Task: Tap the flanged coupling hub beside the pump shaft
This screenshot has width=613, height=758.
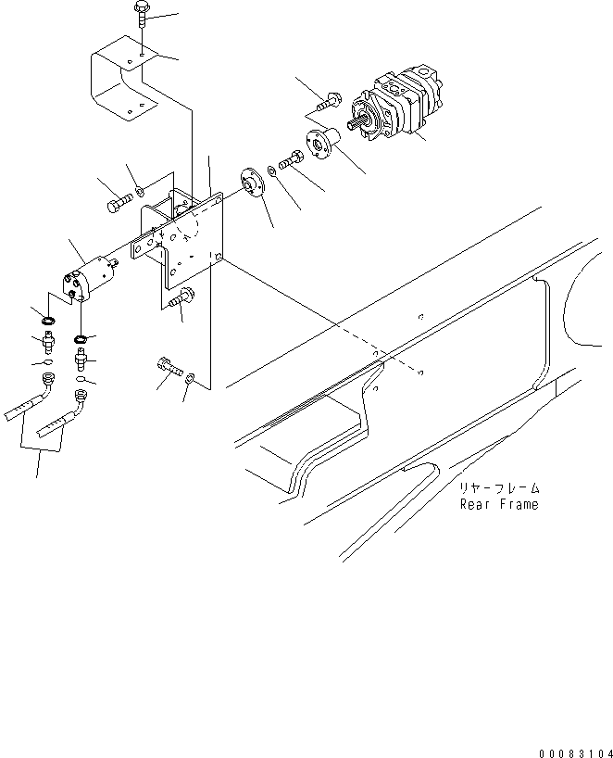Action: point(322,143)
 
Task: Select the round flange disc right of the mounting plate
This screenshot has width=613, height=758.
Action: point(249,181)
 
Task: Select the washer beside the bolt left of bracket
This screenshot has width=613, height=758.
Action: point(138,193)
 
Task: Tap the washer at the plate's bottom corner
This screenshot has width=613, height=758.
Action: point(189,377)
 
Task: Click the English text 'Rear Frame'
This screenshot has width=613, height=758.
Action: point(498,505)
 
